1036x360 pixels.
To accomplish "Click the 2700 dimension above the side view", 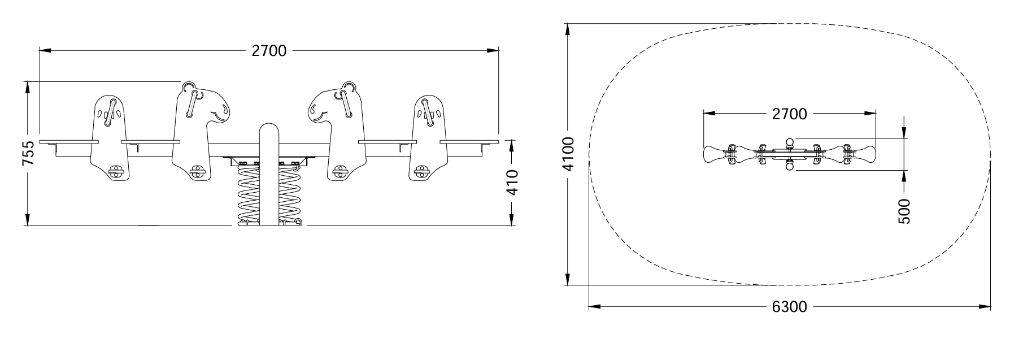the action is pos(269,51).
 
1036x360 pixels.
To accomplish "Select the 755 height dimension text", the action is pos(28,153).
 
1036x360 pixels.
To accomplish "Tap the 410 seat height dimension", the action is pos(512,182).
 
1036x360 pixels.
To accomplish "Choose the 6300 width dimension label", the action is pos(789,307).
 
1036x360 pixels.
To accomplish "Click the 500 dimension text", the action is pos(904,211).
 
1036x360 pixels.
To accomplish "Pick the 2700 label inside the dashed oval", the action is pos(789,114).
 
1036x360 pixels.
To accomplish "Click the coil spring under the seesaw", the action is pos(269,194).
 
